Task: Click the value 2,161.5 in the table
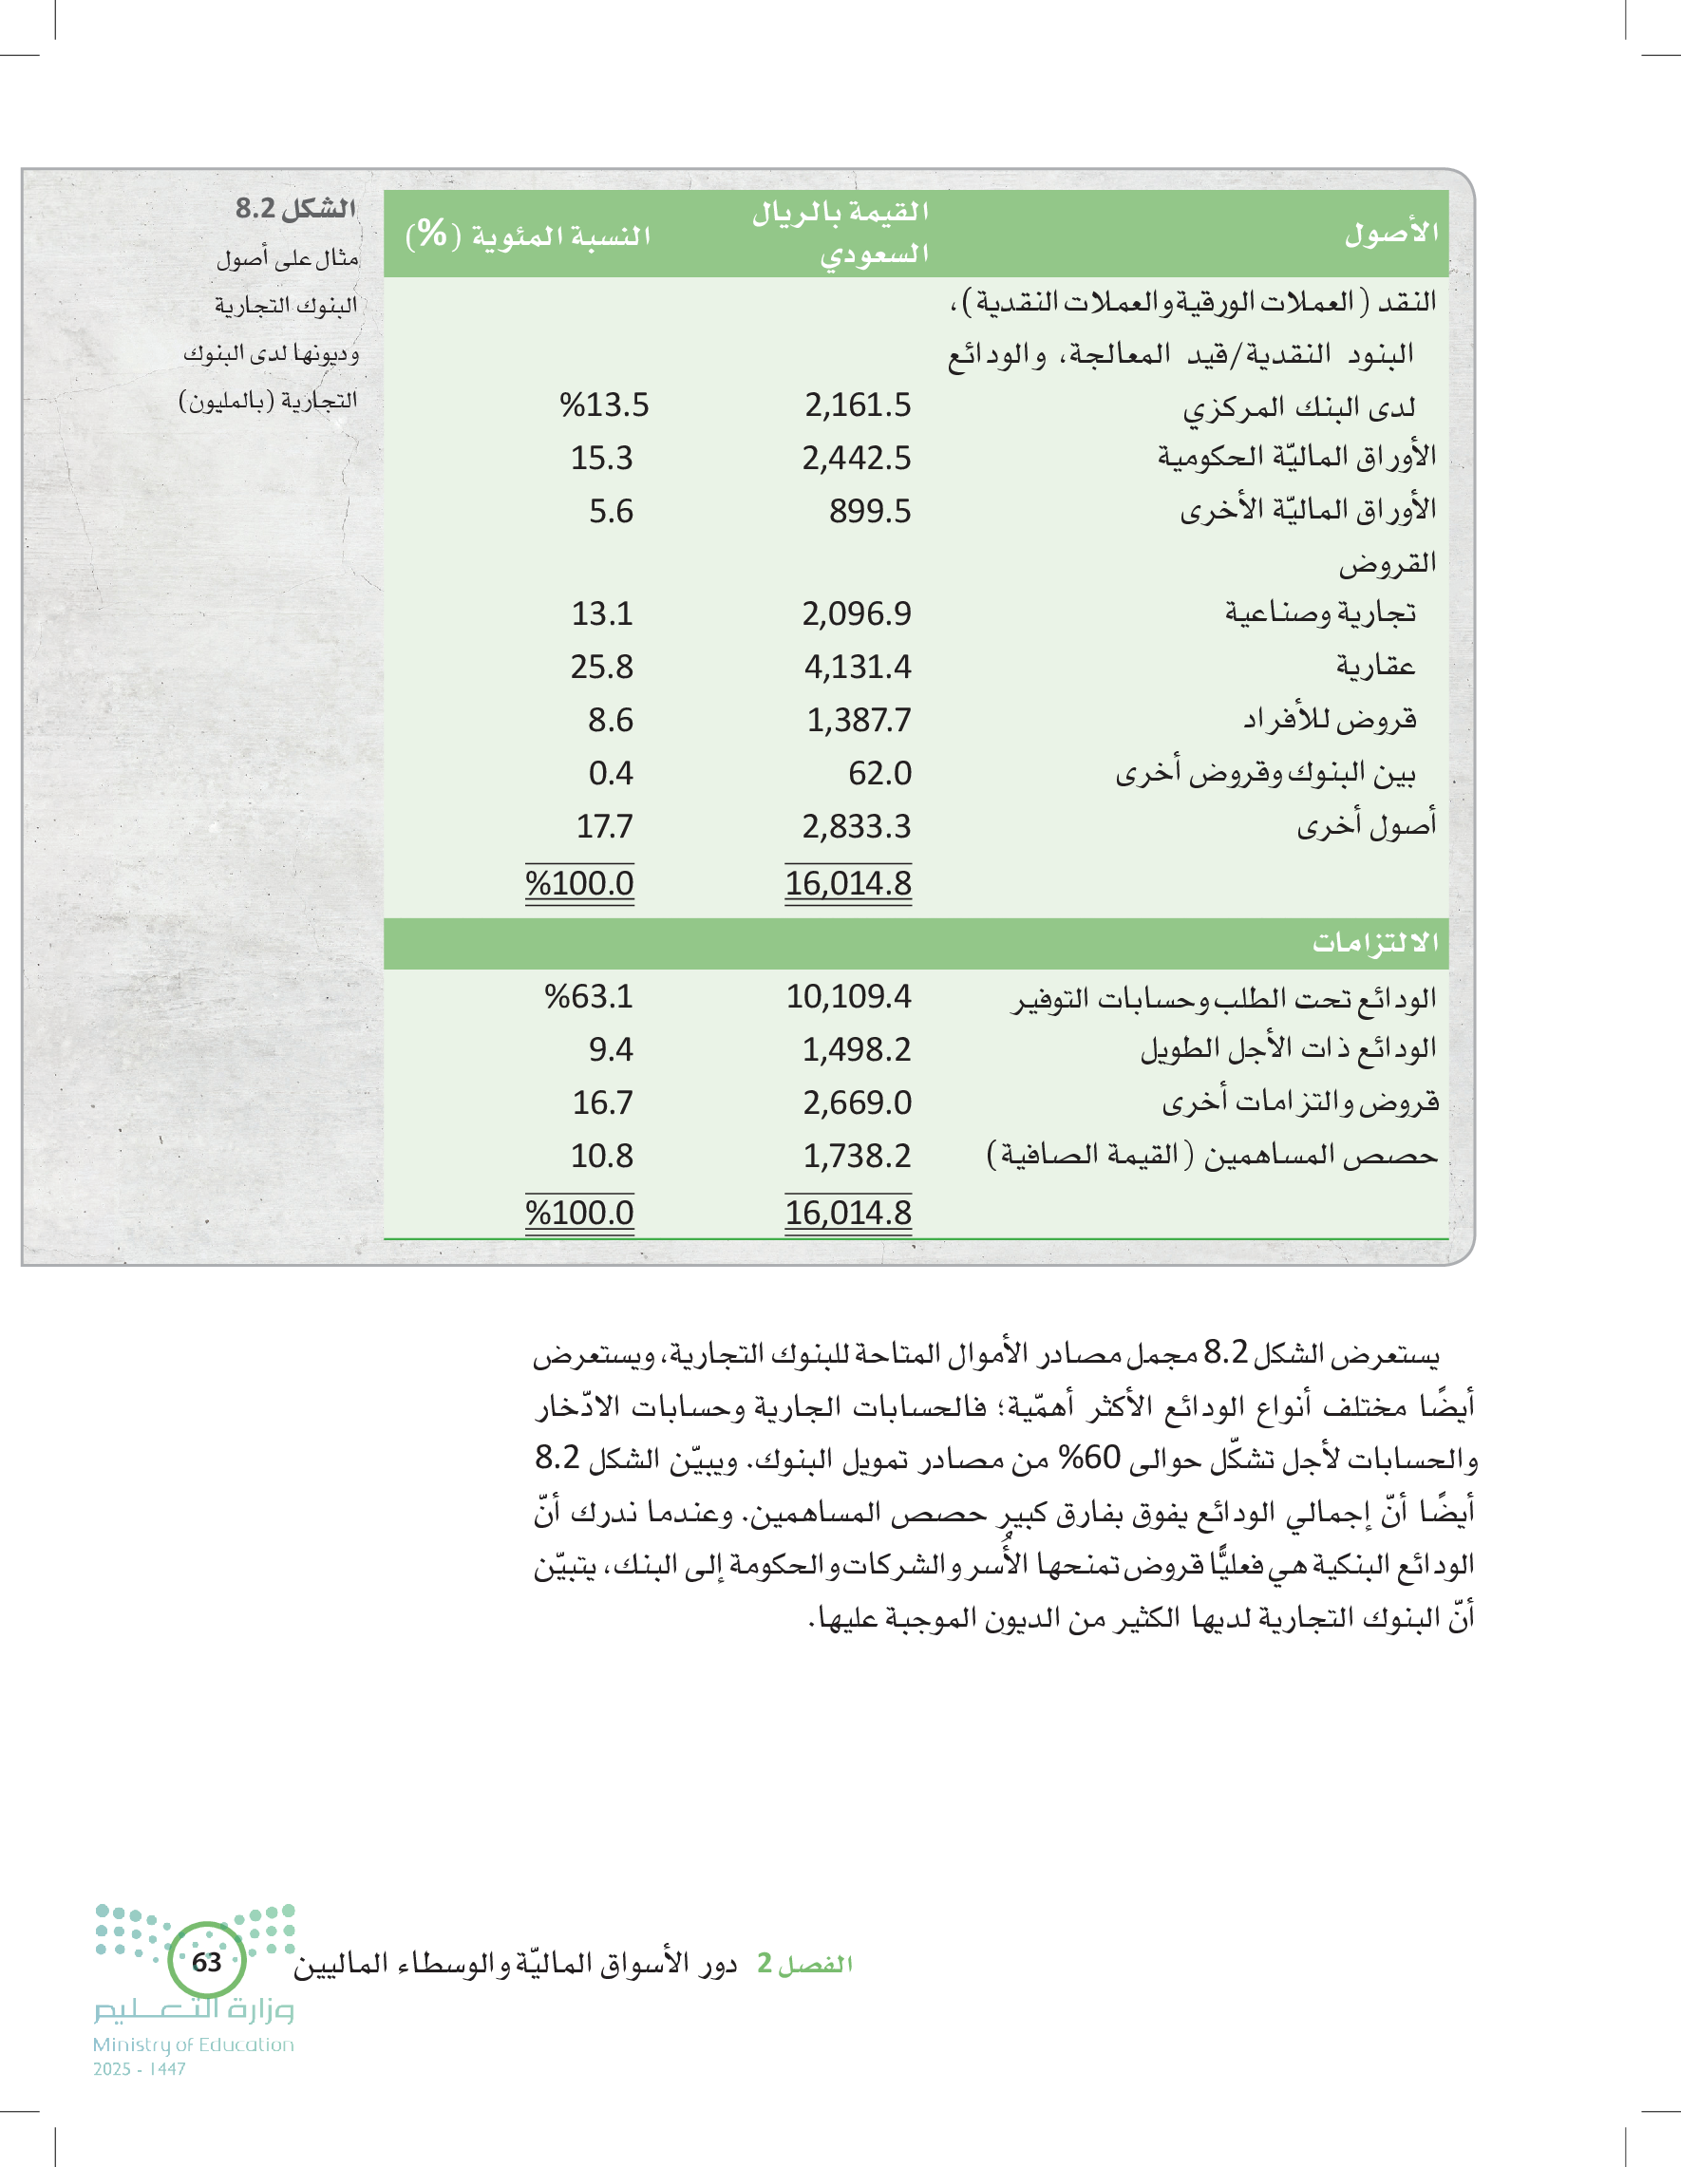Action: coord(858,405)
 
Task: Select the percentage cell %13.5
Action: coord(603,405)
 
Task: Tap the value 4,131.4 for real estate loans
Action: coord(858,667)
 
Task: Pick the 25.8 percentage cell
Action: coord(601,667)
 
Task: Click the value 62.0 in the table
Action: coord(879,773)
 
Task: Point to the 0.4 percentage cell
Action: coord(611,773)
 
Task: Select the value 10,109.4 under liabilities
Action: coord(848,996)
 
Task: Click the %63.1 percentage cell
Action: coord(589,996)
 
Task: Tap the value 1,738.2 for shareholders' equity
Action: coord(857,1156)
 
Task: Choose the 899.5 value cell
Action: coord(870,511)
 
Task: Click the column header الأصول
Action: coord(1391,234)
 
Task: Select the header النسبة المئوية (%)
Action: coord(528,236)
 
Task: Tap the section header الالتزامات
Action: coord(1375,943)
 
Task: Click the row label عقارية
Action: coord(1375,666)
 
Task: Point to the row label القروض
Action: coord(1388,563)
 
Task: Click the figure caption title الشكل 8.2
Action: coord(294,208)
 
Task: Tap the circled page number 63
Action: coord(206,1962)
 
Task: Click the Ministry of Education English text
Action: coord(194,2044)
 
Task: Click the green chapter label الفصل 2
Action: coord(804,1964)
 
